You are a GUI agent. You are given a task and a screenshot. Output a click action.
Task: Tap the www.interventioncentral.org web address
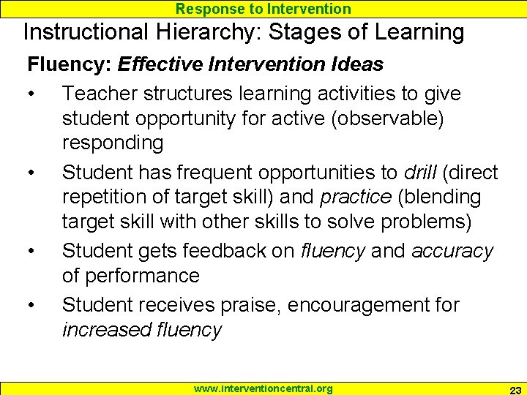point(263,388)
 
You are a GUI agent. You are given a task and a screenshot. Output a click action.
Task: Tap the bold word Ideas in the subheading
point(356,64)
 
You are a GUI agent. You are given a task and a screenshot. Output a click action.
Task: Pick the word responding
point(113,143)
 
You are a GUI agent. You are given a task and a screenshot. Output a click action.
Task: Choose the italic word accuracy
point(452,251)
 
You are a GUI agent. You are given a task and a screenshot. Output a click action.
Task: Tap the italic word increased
point(107,329)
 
